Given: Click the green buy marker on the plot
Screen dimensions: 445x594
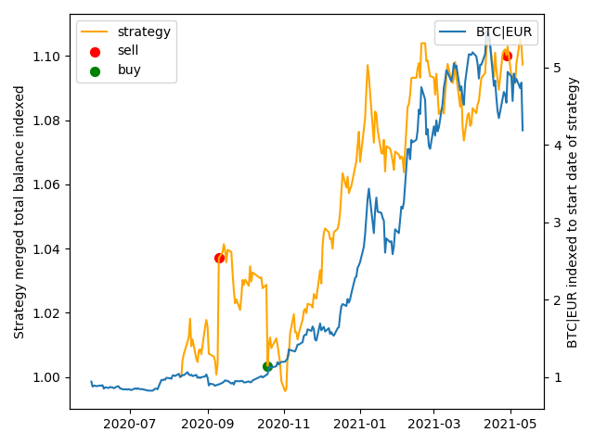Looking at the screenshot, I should pyautogui.click(x=267, y=366).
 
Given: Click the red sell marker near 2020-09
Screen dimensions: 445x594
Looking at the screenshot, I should pyautogui.click(x=219, y=258).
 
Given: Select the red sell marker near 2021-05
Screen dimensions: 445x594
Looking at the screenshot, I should pyautogui.click(x=507, y=56).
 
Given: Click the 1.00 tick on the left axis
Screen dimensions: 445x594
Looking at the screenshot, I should pyautogui.click(x=48, y=377).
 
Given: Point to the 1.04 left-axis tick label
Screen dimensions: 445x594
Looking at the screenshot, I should pyautogui.click(x=48, y=249).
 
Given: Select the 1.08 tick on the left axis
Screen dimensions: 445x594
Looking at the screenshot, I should pyautogui.click(x=48, y=121).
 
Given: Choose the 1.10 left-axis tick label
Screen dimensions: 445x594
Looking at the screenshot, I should pyautogui.click(x=48, y=57).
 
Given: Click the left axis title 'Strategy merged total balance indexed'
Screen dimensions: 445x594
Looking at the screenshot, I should pyautogui.click(x=19, y=211).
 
